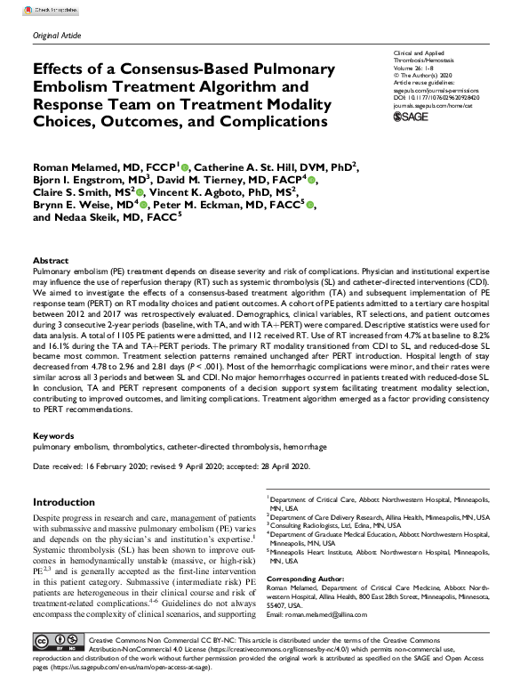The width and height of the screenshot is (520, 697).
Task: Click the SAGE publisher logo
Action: pyautogui.click(x=412, y=117)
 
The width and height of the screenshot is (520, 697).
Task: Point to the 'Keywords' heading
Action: pyautogui.click(x=52, y=436)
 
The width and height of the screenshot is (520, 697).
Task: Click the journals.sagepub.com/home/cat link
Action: pyautogui.click(x=435, y=102)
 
